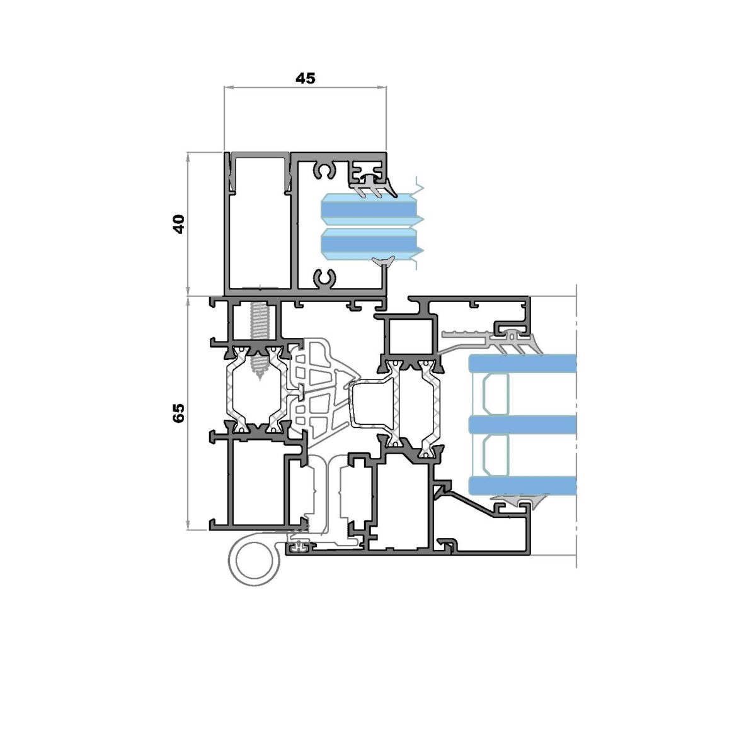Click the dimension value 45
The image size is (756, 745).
(305, 79)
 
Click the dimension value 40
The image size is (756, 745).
(179, 224)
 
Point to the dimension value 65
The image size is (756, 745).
(178, 413)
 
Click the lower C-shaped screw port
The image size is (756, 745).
(325, 278)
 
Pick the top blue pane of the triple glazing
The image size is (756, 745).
(522, 363)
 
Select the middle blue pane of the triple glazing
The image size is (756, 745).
(522, 425)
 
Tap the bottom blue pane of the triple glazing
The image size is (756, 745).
(522, 486)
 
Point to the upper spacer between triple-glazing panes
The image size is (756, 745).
(495, 395)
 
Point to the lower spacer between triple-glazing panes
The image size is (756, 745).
(495, 455)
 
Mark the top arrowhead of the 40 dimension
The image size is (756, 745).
(188, 155)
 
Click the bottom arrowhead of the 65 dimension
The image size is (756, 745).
(188, 525)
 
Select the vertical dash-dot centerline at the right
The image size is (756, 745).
(576, 425)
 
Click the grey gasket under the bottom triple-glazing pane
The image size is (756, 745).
(518, 500)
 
